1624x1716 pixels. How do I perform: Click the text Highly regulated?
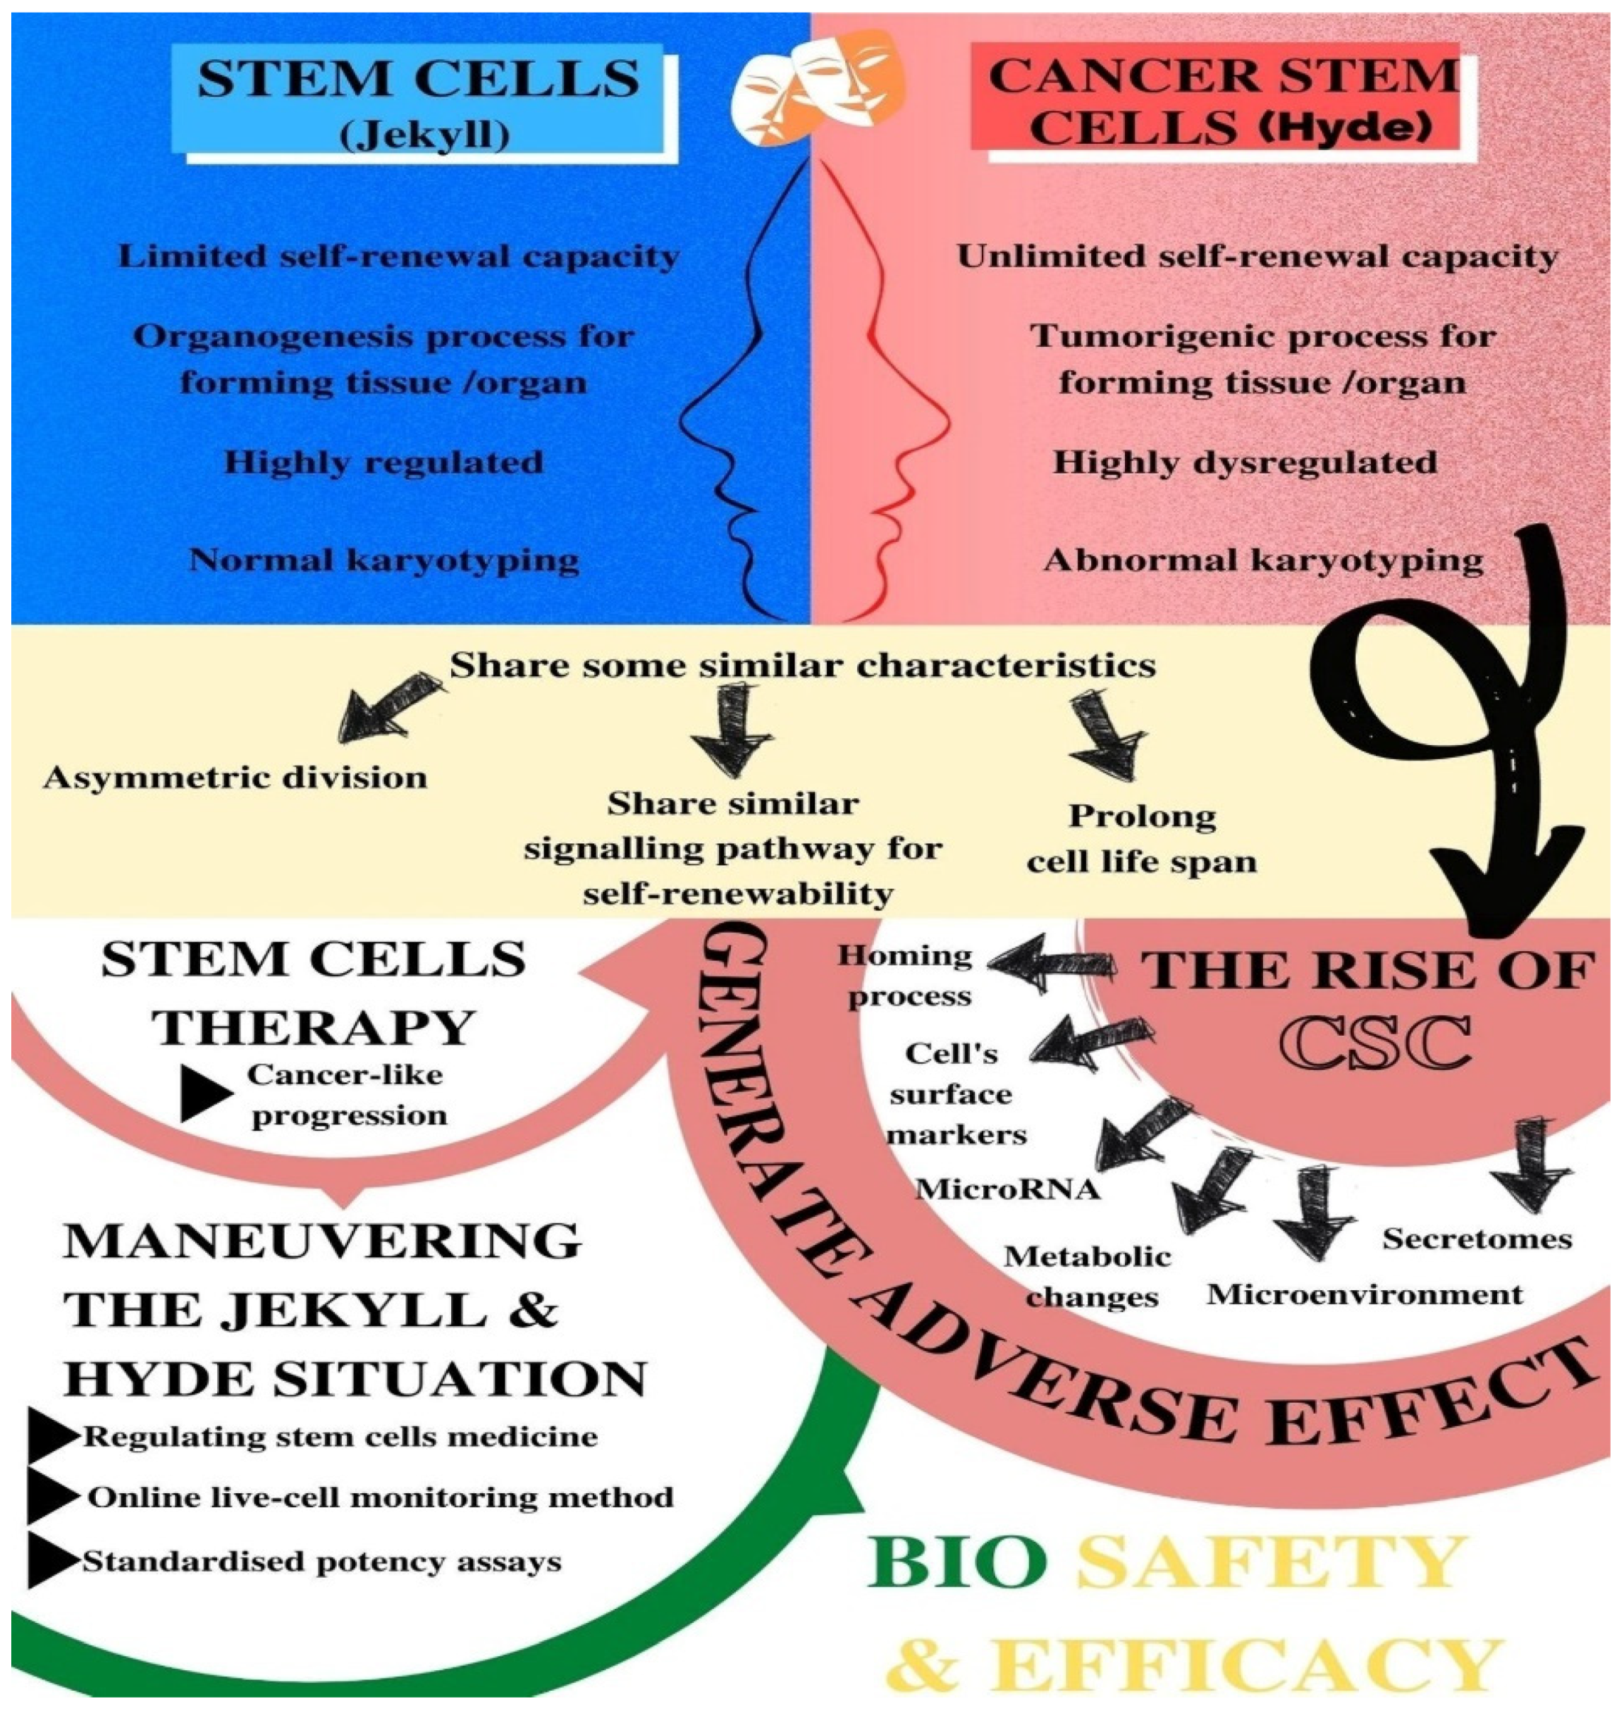click(383, 462)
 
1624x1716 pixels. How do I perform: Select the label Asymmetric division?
click(235, 778)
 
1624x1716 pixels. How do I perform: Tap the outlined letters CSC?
click(1376, 1043)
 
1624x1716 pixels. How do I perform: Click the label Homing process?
click(906, 976)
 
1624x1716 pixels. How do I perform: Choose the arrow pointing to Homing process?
click(1052, 964)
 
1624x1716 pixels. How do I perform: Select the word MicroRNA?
click(1007, 1189)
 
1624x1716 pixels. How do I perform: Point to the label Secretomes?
click(1477, 1239)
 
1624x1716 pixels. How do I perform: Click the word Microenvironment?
click(1365, 1294)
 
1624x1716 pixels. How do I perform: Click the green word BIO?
click(956, 1561)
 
